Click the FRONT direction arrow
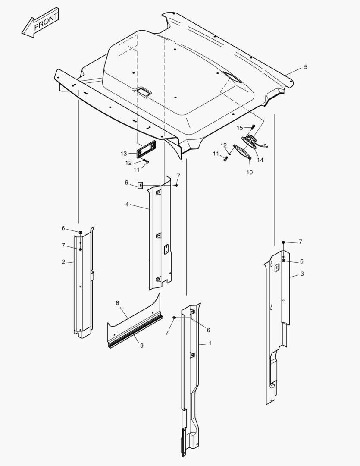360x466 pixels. (x=40, y=23)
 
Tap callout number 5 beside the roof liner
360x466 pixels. (x=306, y=67)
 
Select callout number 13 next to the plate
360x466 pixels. (x=124, y=154)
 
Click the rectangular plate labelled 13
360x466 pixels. (x=146, y=149)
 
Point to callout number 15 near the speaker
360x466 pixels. (x=240, y=128)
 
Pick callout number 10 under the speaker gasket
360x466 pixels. (x=250, y=172)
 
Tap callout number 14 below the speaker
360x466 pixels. (x=260, y=160)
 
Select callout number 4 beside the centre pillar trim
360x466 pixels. (x=127, y=205)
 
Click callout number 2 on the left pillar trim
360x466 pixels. (x=63, y=262)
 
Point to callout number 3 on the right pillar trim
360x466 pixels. (x=302, y=274)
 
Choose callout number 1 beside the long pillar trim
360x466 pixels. (x=210, y=343)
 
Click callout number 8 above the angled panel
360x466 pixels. (x=117, y=303)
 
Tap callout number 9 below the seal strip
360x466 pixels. (x=142, y=346)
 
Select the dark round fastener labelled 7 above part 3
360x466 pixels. (x=284, y=242)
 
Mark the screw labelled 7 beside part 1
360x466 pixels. (x=174, y=318)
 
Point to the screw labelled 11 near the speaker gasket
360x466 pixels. (x=225, y=159)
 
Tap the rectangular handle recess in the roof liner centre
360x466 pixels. (x=144, y=91)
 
